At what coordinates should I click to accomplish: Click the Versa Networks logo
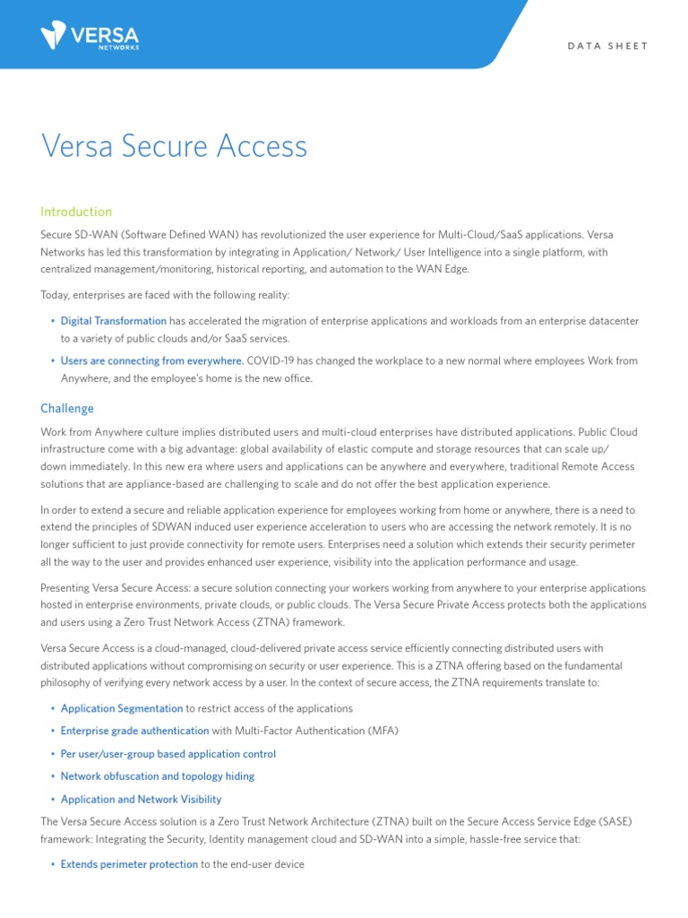(90, 37)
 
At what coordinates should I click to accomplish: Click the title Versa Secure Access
(175, 146)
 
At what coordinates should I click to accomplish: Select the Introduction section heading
(76, 212)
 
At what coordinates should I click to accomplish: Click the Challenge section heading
(67, 408)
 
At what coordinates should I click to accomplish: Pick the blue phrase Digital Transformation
(114, 320)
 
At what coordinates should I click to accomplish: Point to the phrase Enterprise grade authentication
(134, 731)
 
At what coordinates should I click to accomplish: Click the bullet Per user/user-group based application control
(168, 754)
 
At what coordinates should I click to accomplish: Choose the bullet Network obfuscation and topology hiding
(158, 776)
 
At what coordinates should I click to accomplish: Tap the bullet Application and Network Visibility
(142, 799)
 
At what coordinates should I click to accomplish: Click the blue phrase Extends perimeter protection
(129, 864)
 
